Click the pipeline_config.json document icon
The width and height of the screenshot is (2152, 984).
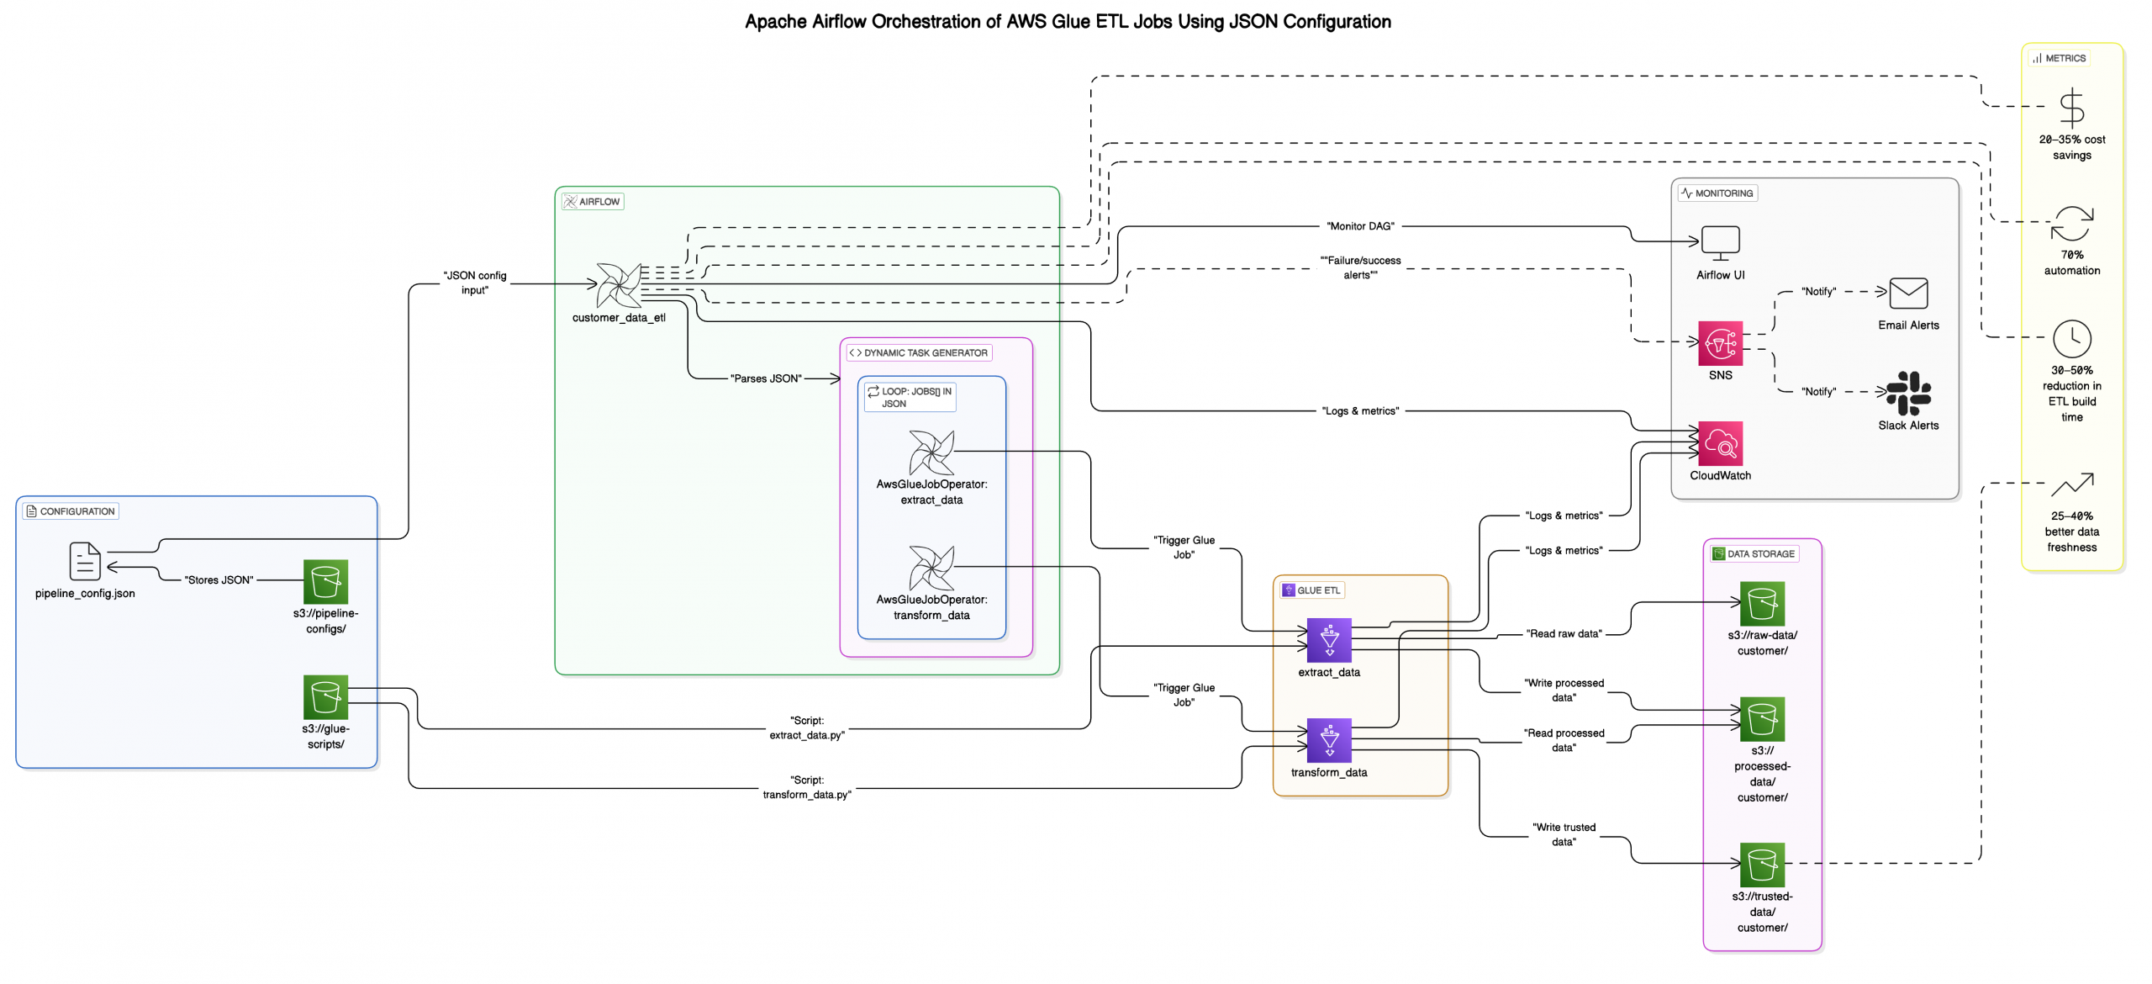coord(85,561)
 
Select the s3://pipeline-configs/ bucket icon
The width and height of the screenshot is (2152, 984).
coord(325,581)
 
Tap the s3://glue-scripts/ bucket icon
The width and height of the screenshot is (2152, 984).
coord(325,696)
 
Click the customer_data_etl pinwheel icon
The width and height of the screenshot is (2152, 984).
coord(619,285)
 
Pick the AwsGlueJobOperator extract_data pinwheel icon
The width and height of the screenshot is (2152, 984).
coord(931,452)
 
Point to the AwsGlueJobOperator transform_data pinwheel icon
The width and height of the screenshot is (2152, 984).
coord(931,568)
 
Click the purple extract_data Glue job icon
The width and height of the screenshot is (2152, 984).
coord(1329,640)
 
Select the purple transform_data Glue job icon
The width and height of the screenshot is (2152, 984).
coord(1329,740)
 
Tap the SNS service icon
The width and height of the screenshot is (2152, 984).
coord(1720,343)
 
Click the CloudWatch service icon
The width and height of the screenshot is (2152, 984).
coord(1720,443)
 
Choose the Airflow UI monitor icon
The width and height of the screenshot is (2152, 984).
coord(1720,243)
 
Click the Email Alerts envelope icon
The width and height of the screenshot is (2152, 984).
coord(1908,294)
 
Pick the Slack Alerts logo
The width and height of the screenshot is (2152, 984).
coord(1908,394)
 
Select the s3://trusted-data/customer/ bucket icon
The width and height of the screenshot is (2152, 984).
coord(1762,865)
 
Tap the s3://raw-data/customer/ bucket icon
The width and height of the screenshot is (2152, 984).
coord(1762,603)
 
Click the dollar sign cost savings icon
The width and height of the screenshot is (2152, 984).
coord(2071,108)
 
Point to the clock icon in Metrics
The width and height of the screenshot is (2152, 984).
coord(2071,339)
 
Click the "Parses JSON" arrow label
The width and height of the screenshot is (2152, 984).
coord(766,378)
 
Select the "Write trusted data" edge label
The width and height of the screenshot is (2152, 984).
coord(1564,834)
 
